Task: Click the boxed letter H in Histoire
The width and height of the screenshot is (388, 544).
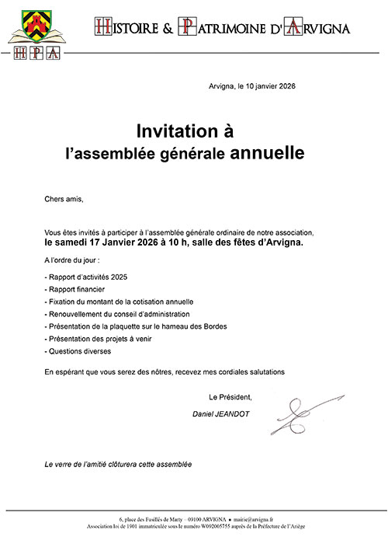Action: [99, 26]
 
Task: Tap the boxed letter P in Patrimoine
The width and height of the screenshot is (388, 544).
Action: [186, 26]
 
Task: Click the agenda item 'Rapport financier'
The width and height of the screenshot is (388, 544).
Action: [76, 288]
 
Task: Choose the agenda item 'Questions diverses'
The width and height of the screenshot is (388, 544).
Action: [80, 351]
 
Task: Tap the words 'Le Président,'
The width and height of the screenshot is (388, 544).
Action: [230, 397]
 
